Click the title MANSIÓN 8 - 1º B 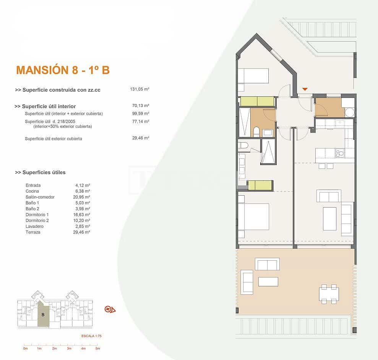(x=63, y=70)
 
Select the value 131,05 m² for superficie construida (x=140, y=89)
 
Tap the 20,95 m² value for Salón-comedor (x=83, y=197)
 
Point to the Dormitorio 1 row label (x=37, y=214)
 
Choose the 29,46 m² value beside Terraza (x=83, y=232)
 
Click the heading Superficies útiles (x=40, y=172)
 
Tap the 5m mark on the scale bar (x=97, y=348)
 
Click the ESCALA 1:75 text (x=91, y=336)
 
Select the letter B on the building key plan (x=43, y=315)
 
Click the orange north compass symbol (x=110, y=309)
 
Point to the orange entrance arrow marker (x=305, y=89)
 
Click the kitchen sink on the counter (x=339, y=153)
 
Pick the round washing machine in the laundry (x=349, y=112)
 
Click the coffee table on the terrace (x=268, y=282)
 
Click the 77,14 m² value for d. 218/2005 (x=140, y=122)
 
